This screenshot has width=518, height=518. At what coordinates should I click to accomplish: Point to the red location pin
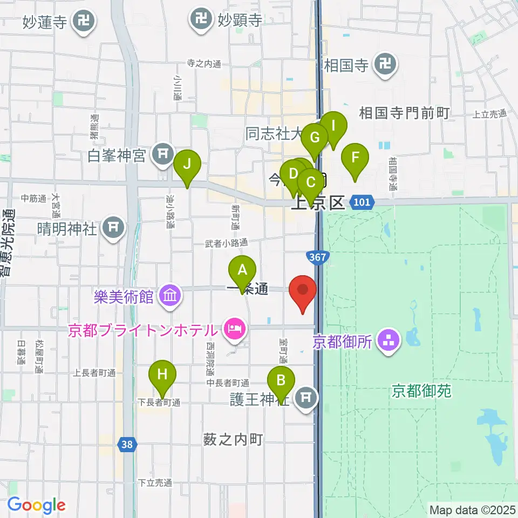tap(303, 291)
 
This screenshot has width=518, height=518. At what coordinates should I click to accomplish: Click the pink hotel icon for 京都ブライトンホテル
tap(234, 328)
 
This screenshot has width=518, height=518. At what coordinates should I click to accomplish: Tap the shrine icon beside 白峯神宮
tap(162, 155)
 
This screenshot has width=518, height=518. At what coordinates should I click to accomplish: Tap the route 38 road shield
tap(127, 445)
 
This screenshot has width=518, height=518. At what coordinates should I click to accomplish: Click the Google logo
tap(36, 505)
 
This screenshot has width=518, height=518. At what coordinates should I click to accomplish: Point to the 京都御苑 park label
tap(421, 391)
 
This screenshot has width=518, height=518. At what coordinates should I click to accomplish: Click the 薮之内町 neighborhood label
tap(233, 440)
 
